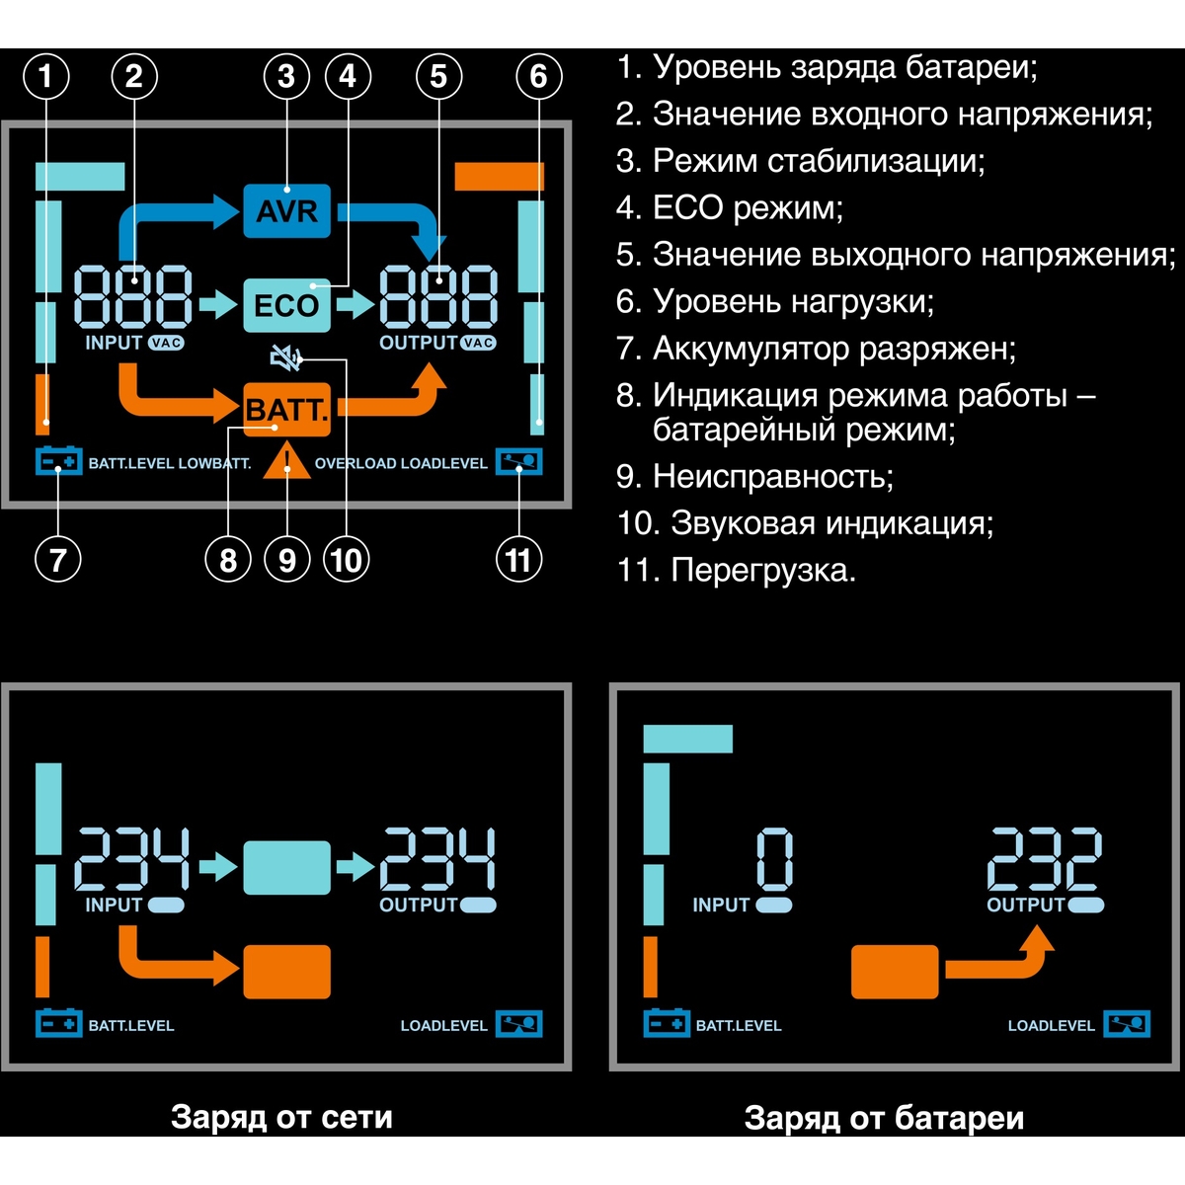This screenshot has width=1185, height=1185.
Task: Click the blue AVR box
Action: (x=286, y=210)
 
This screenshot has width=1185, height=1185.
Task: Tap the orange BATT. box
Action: (x=286, y=409)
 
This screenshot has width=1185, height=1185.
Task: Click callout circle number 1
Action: (x=45, y=76)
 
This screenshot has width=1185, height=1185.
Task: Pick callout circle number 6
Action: (x=538, y=76)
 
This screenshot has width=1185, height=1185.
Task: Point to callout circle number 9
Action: (x=286, y=560)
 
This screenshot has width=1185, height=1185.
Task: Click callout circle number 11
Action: (x=518, y=560)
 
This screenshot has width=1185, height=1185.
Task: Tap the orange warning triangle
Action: (x=287, y=463)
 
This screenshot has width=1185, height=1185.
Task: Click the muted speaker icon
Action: (x=286, y=358)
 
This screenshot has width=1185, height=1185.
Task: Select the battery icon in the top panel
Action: (x=58, y=462)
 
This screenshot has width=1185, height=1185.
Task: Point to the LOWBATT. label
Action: (x=214, y=463)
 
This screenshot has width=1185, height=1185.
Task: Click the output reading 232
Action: (x=1045, y=859)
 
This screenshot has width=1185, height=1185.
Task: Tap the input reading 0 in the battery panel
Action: (x=774, y=859)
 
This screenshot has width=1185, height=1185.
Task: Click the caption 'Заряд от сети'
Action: (x=281, y=1117)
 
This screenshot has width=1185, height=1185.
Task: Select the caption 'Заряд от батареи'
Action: (x=884, y=1118)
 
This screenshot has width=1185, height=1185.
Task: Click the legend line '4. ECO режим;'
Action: (x=730, y=208)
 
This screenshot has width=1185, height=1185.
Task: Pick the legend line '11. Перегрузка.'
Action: (x=736, y=571)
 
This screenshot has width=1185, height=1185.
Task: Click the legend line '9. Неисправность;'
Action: (x=754, y=477)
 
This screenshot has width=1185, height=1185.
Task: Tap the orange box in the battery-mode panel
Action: (x=894, y=972)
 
